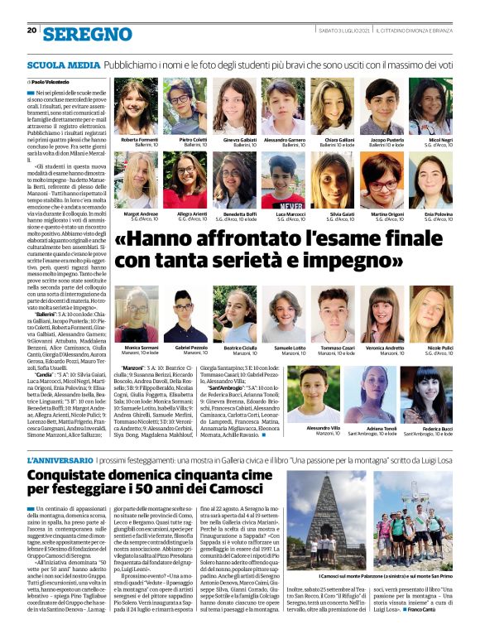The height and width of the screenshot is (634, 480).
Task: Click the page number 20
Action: [31, 30]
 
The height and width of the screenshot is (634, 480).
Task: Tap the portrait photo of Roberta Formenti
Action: [137, 107]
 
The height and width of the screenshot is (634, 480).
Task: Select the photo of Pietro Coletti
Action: [185, 107]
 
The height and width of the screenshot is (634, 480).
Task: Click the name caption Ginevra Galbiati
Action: [234, 141]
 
